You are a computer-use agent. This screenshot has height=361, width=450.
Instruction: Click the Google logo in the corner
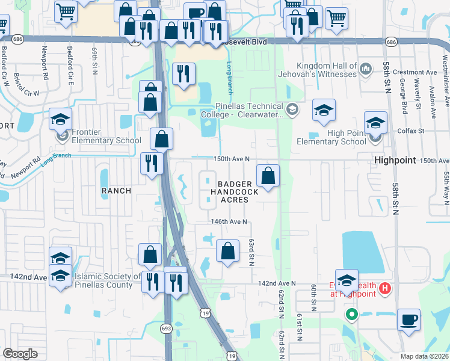20,354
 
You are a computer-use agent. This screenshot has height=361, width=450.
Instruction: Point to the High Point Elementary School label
331,137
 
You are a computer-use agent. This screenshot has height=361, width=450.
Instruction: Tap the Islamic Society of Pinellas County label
106,281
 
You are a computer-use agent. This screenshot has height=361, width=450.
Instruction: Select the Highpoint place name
394,161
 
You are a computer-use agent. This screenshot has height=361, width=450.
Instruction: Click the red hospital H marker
386,290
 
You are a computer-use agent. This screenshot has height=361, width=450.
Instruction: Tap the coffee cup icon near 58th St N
408,319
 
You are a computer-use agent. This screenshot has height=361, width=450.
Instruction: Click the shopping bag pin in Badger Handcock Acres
269,176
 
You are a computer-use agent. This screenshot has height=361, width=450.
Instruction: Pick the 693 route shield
167,329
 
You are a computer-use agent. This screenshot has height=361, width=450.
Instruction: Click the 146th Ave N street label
229,221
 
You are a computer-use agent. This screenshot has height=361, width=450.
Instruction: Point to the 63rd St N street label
251,251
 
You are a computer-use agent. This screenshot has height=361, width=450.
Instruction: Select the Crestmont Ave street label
415,72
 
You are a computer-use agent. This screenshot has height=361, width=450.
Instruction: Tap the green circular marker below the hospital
351,314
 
